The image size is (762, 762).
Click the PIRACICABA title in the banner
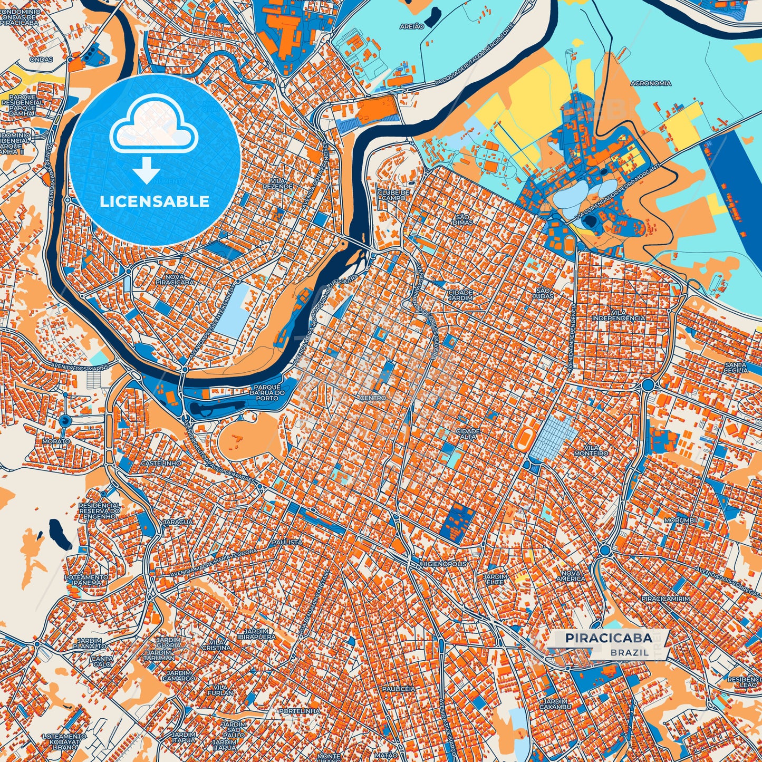click(x=608, y=638)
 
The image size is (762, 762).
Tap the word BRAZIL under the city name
click(x=630, y=652)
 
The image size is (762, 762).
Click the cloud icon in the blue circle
click(x=153, y=130)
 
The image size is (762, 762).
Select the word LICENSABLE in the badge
click(x=155, y=201)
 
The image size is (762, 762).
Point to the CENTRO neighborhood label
click(x=373, y=398)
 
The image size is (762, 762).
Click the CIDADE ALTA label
click(x=468, y=434)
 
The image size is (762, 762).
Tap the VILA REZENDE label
click(x=278, y=184)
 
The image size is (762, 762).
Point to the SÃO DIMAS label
click(x=462, y=219)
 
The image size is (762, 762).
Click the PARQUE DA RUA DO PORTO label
click(x=267, y=392)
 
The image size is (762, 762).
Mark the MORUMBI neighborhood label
click(x=680, y=520)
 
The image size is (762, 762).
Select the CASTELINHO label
click(x=161, y=463)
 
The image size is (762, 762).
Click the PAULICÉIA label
click(x=398, y=689)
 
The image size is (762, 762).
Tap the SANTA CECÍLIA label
click(x=736, y=367)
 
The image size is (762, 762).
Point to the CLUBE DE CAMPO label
click(x=393, y=195)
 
